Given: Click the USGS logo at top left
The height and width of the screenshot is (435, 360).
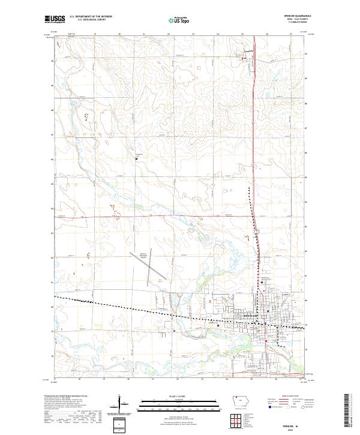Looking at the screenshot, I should (x=55, y=20).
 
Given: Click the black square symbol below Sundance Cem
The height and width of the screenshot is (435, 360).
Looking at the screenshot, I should (x=136, y=158).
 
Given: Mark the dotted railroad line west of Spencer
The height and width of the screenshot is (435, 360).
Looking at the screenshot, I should (x=120, y=307).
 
